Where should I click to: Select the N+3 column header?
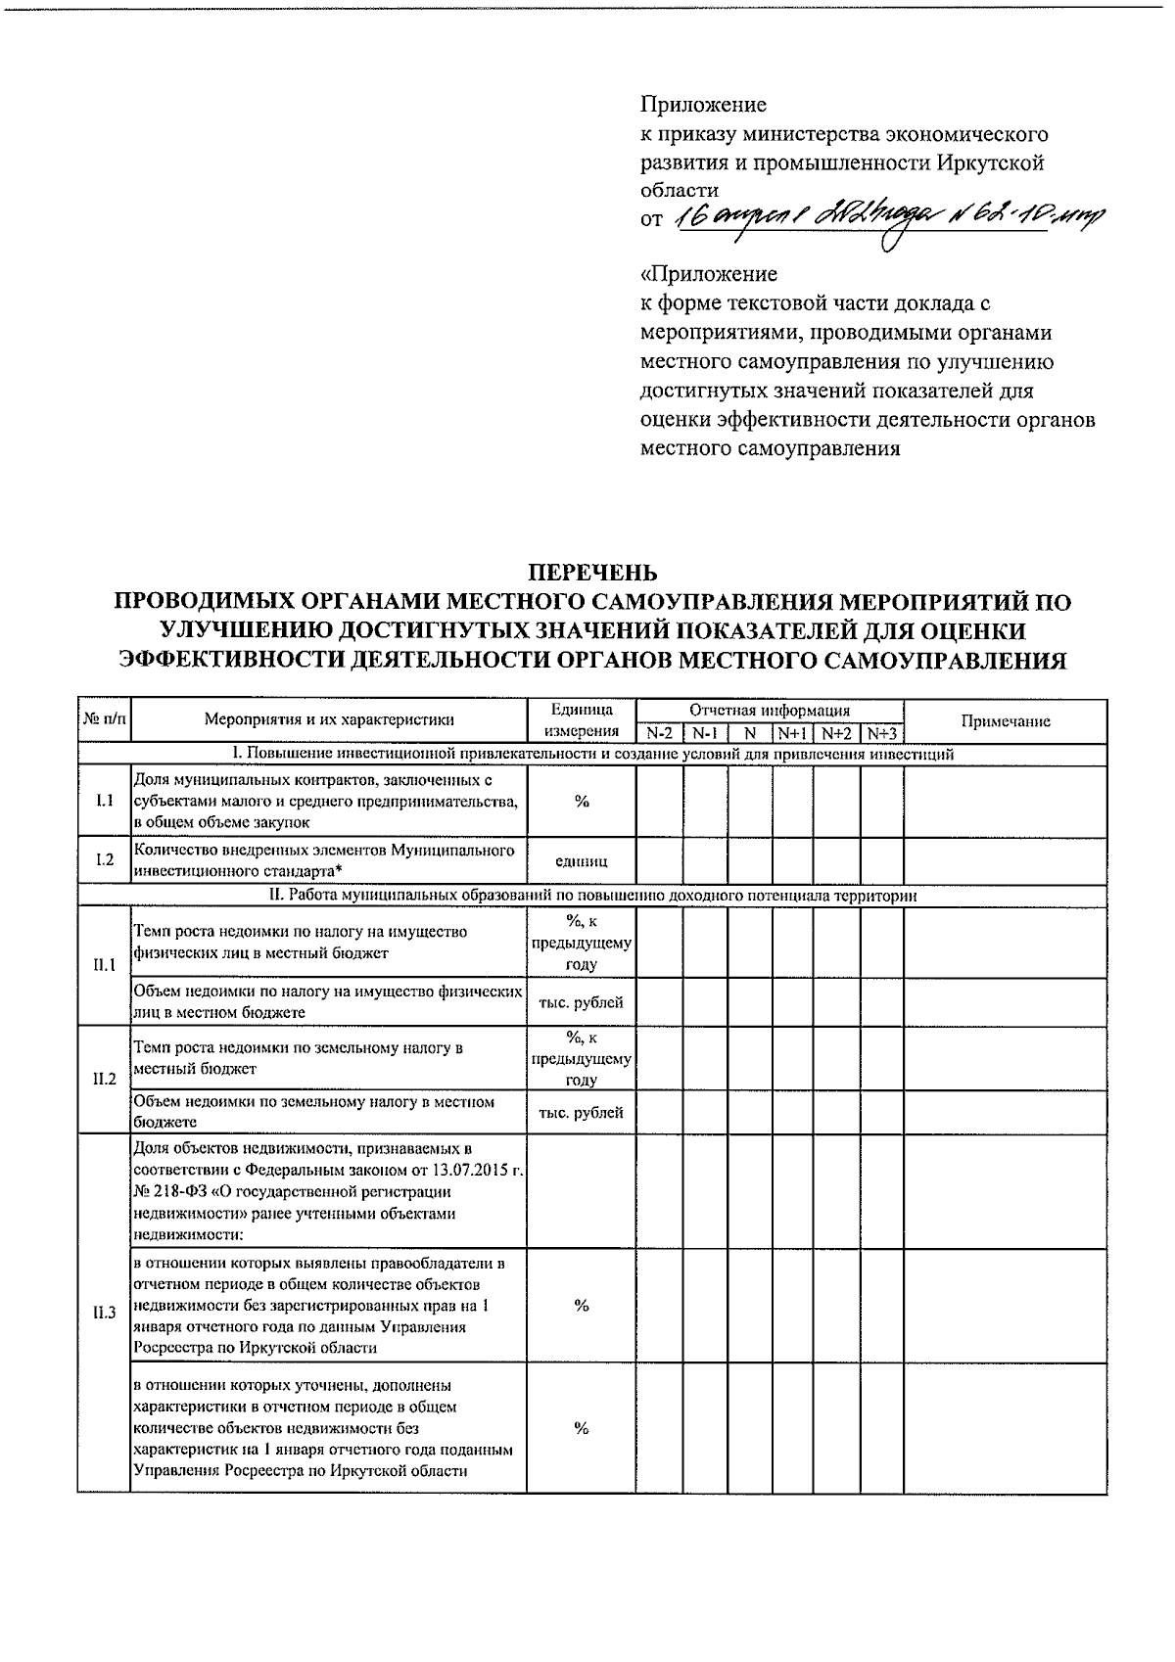881,733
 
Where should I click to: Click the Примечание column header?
1005,721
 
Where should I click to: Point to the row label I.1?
104,801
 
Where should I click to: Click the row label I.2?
104,859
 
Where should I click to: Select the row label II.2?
104,1080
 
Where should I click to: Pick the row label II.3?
104,1313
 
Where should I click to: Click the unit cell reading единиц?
581,861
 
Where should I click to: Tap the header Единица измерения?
581,721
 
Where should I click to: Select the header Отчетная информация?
769,711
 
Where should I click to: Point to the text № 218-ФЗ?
170,1192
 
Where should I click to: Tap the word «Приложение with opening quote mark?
708,274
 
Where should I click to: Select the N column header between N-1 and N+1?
750,733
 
